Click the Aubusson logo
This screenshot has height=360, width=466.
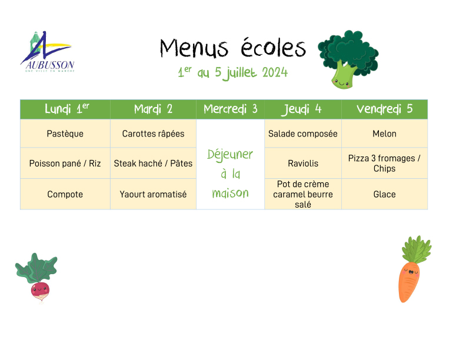[47, 52]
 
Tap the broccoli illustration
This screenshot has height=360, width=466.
[348, 59]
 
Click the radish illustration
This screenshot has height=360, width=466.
[37, 278]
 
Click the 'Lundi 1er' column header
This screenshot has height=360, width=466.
[65, 109]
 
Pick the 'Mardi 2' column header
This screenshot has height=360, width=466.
[153, 109]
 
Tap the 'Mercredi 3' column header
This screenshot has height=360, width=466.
[230, 109]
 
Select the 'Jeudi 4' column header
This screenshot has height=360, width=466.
[303, 109]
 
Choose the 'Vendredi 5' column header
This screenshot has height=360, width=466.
[385, 109]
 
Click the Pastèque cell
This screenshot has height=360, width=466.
[65, 134]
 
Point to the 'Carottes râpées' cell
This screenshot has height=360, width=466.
[153, 134]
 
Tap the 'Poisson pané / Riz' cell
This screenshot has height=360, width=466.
[65, 164]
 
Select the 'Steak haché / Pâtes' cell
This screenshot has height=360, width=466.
[153, 164]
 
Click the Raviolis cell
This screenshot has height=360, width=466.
[303, 164]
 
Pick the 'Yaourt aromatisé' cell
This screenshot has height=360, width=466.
[153, 194]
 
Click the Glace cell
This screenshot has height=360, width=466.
[385, 194]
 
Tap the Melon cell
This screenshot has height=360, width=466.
[385, 134]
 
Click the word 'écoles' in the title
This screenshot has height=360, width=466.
[273, 48]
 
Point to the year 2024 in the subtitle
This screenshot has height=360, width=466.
[275, 72]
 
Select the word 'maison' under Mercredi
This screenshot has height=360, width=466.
[230, 193]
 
